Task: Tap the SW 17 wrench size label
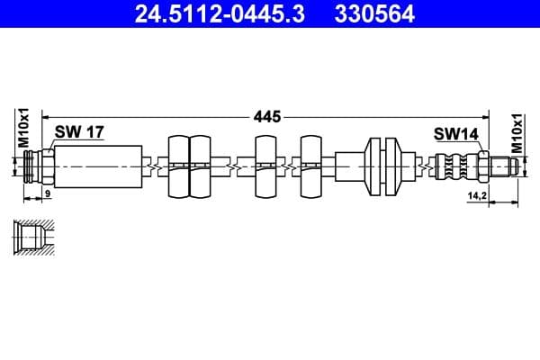[79, 132]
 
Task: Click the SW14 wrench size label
[455, 133]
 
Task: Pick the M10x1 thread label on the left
[25, 128]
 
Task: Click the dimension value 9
[48, 194]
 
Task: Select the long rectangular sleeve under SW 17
[99, 166]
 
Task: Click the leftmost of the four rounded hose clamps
[178, 166]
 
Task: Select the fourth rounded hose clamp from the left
[311, 166]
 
